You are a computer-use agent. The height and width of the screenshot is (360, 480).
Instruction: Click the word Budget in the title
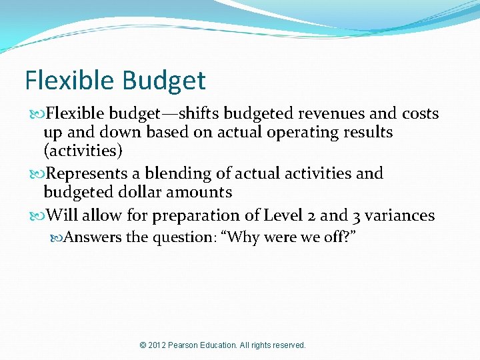164,81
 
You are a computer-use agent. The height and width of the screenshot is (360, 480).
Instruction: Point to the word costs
417,114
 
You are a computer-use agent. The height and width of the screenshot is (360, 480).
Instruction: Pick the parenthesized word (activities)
83,151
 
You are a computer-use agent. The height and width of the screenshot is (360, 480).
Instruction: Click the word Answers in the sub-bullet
93,237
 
